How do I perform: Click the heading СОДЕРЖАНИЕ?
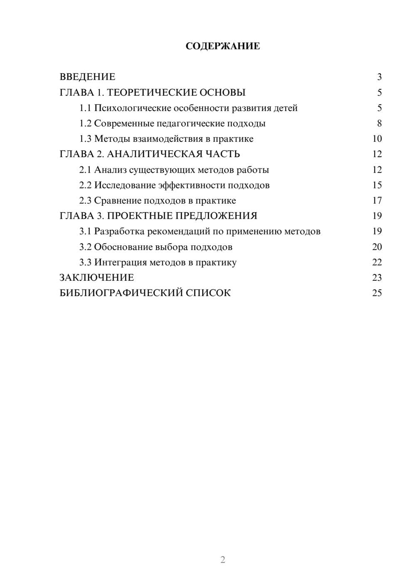(223, 46)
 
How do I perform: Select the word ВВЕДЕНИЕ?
(87, 77)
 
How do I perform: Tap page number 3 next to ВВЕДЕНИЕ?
(379, 77)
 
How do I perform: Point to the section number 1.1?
(85, 108)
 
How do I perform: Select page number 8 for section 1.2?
(379, 124)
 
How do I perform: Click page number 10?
(377, 139)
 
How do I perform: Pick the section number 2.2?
(85, 185)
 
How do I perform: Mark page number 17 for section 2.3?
(377, 200)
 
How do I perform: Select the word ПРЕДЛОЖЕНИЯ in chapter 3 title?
(216, 216)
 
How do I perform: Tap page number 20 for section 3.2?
(377, 247)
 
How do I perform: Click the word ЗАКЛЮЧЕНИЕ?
(97, 278)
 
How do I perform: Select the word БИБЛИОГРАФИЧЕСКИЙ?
(121, 293)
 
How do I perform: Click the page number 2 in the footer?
(223, 560)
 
